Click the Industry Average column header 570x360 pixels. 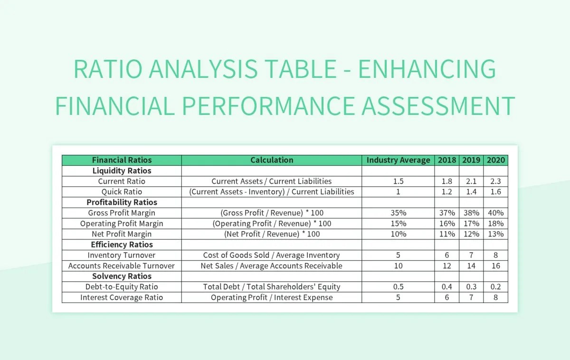point(398,160)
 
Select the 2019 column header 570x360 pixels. point(471,160)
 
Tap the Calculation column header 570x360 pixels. point(272,160)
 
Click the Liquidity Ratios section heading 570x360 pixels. point(122,171)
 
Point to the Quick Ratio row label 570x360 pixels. point(122,192)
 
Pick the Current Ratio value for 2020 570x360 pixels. point(495,181)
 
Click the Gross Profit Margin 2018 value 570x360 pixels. point(447,213)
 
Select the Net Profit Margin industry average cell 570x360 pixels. point(398,234)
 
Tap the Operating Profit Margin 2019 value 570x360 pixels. point(471,224)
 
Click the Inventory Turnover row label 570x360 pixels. point(122,255)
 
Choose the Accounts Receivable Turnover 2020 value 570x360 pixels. point(495,266)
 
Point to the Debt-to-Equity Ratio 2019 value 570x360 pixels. point(471,287)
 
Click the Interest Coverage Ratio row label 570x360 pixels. point(122,297)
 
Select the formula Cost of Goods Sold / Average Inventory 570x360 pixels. point(272,255)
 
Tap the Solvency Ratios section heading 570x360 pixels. point(122,276)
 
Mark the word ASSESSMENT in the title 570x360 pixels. point(438,105)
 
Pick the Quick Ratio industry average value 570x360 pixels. point(398,192)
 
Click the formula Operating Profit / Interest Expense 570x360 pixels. point(272,297)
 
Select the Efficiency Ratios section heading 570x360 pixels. point(122,245)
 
